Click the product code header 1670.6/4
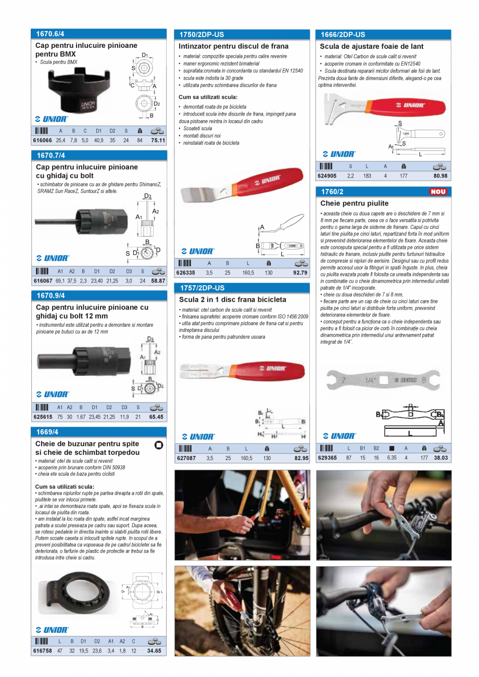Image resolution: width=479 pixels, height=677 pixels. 51,34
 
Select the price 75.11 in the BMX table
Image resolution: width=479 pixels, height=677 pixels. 158,140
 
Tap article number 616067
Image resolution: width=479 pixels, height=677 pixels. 42,281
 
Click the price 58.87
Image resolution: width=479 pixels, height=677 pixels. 158,281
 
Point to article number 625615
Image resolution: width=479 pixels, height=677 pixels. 42,417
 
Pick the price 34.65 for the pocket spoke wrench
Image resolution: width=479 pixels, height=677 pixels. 155,651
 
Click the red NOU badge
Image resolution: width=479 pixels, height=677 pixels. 438,192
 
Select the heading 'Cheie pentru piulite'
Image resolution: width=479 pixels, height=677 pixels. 355,203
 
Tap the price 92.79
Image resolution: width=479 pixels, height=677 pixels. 300,273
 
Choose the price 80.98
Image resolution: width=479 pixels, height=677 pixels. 440,176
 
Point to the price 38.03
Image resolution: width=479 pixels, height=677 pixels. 440,458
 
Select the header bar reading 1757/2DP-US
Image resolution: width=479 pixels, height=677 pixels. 202,288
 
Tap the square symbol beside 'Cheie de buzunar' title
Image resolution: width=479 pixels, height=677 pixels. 159,445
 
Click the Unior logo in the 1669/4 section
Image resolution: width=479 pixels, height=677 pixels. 52,630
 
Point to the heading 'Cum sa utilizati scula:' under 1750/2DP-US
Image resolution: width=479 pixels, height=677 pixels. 208,97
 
